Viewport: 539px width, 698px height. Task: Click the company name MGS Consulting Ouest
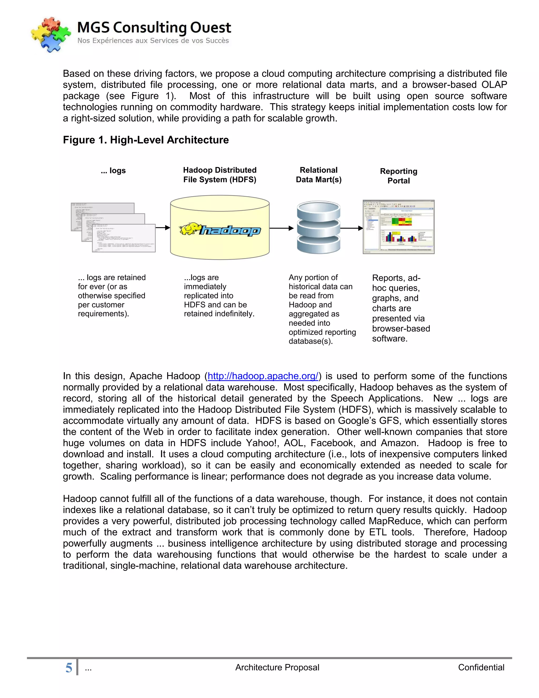coord(154,27)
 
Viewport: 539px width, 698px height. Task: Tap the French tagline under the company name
coord(153,41)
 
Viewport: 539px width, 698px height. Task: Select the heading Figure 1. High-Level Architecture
coord(146,140)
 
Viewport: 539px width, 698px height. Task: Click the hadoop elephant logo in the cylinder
coord(220,229)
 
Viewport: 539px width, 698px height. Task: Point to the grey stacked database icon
coord(318,227)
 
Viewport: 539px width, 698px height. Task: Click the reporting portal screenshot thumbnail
coord(398,227)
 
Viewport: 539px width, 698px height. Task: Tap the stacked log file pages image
coord(113,227)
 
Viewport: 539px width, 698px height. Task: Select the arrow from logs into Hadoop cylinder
coord(163,228)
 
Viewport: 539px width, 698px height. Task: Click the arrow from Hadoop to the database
coord(281,228)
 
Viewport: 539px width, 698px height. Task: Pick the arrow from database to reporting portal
coord(352,228)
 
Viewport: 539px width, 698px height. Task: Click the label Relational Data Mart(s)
coord(318,175)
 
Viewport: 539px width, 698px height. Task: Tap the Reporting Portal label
coord(398,176)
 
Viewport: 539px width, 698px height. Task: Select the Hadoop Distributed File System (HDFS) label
coord(220,175)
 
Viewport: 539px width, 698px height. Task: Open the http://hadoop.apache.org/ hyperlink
coord(263,376)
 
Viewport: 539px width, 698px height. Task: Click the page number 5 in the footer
coord(69,668)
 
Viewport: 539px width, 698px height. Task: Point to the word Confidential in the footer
coord(481,667)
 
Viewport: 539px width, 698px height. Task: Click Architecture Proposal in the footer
coord(277,667)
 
